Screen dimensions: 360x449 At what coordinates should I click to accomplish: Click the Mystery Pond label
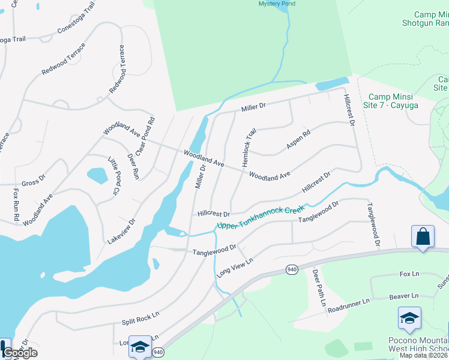click(x=277, y=4)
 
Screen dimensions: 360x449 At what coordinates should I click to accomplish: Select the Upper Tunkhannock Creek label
click(x=261, y=218)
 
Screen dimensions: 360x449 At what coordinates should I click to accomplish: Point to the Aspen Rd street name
click(x=298, y=140)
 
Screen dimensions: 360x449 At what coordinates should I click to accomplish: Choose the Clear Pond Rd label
click(x=145, y=137)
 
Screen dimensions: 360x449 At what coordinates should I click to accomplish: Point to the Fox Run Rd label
click(x=17, y=203)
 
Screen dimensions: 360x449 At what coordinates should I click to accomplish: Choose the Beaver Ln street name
click(x=403, y=296)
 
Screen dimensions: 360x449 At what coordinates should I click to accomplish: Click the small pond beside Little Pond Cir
click(x=97, y=175)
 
